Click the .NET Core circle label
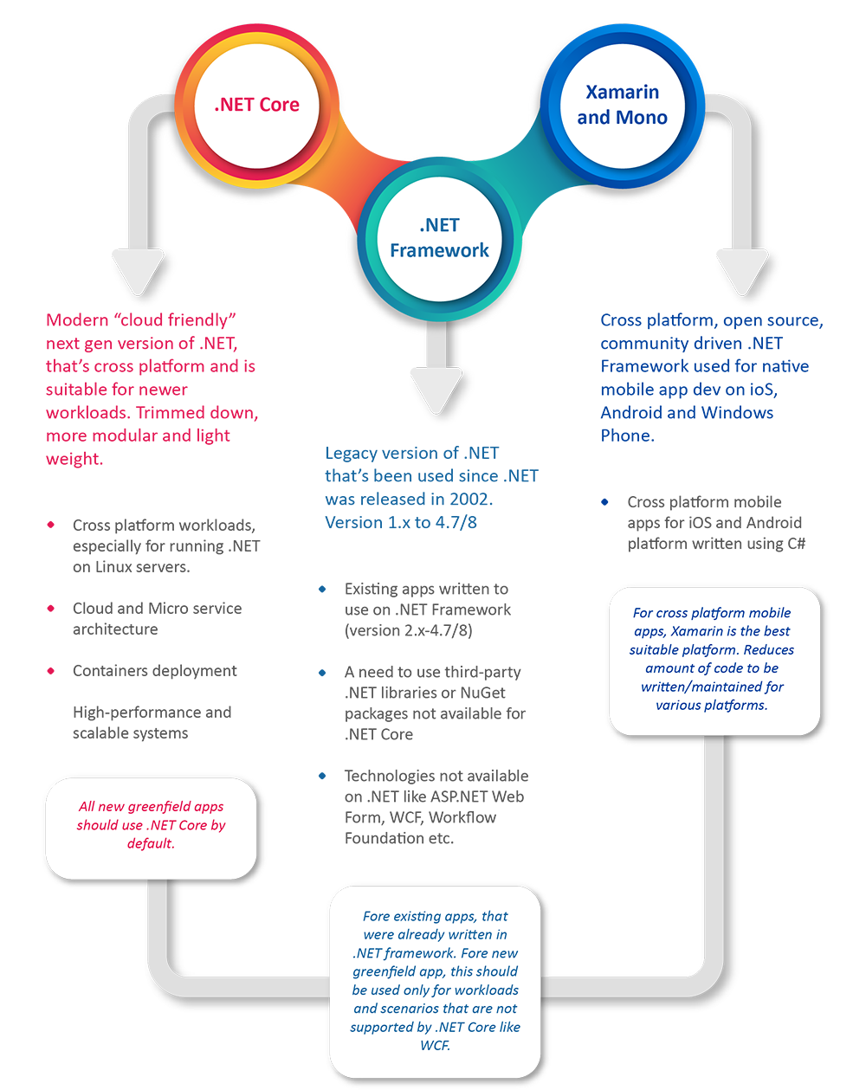point(257,105)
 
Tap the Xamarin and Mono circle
point(622,105)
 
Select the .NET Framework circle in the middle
point(439,238)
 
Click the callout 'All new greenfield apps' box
point(151,828)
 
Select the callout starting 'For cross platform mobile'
point(714,660)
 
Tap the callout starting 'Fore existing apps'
point(436,980)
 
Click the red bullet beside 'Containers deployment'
point(51,671)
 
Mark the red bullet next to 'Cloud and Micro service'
point(51,609)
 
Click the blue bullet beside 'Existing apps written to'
point(322,589)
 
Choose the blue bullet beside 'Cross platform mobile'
point(604,502)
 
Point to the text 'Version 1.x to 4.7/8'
point(401,522)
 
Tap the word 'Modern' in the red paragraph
point(77,320)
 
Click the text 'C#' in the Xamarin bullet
point(796,544)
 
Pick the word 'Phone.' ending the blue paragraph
point(627,435)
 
